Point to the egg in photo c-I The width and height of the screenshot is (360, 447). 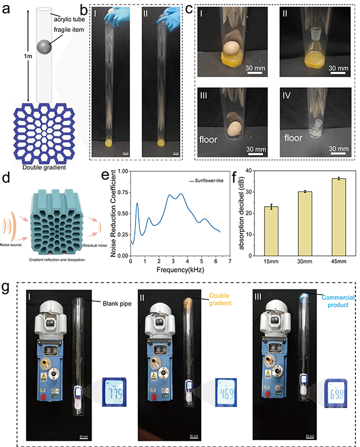pyautogui.click(x=231, y=49)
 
